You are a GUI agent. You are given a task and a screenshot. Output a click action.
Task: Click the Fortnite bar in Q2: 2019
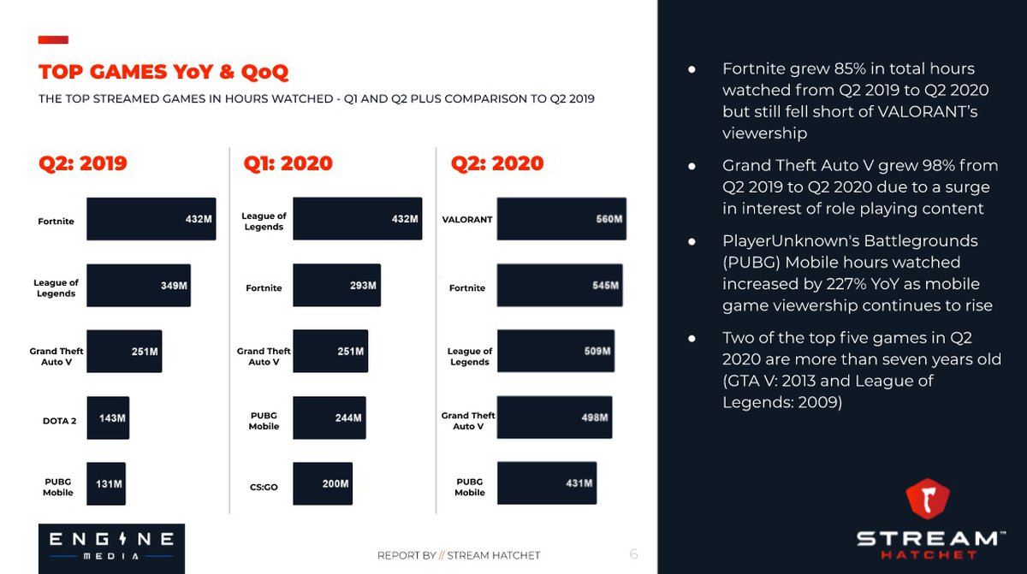[151, 220]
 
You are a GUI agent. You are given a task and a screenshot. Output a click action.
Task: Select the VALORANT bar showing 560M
[561, 220]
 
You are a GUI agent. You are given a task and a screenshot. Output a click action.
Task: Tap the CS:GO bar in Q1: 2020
[323, 484]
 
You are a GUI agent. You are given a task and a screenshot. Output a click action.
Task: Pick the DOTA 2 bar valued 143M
[108, 418]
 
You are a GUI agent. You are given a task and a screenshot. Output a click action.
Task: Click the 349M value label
[174, 286]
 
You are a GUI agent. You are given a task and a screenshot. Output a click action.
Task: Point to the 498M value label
[594, 417]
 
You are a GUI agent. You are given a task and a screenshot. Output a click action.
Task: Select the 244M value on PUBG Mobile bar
[348, 418]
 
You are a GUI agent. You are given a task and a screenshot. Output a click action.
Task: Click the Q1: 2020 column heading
[288, 164]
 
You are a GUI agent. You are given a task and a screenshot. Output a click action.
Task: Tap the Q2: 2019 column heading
[83, 164]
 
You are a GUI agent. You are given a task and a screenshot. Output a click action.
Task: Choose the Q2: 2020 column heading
[497, 164]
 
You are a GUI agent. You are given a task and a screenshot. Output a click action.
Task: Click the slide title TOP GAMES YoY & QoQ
[163, 71]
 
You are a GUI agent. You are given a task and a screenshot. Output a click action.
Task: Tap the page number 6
[633, 554]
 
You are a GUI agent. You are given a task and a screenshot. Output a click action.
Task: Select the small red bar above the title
[53, 39]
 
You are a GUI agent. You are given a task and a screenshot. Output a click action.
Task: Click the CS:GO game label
[264, 488]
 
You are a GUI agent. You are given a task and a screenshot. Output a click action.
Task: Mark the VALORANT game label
[467, 220]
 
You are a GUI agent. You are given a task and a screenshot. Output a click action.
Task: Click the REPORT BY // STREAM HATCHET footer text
[459, 555]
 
